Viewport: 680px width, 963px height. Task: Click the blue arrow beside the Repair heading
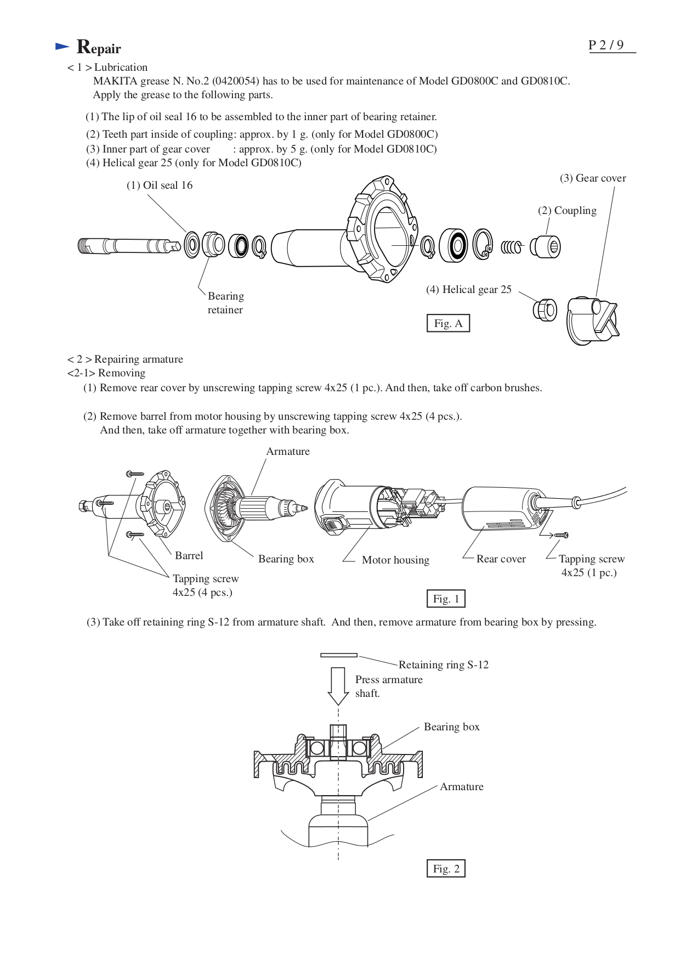point(62,47)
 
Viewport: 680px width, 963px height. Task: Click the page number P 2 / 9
point(606,45)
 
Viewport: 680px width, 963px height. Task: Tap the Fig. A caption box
point(448,323)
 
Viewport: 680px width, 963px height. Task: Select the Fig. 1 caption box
point(446,599)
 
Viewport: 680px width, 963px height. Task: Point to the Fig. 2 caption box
point(446,869)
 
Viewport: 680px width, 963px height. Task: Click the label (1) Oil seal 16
point(160,185)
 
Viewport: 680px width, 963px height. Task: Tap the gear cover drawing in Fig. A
point(590,321)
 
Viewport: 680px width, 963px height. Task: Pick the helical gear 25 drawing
point(545,310)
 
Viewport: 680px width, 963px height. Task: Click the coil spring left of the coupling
point(512,247)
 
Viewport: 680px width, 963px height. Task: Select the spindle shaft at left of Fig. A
point(129,245)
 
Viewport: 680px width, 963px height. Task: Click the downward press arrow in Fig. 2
point(338,686)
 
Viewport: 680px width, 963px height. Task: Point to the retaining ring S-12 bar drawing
point(339,655)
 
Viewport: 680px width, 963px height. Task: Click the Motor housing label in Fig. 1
point(395,560)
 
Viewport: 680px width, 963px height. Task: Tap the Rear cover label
point(501,559)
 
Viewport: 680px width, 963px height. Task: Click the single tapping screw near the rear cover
point(561,534)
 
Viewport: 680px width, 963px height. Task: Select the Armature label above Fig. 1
point(288,452)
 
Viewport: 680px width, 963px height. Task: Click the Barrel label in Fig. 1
point(189,556)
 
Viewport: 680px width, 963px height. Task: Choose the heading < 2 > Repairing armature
point(125,359)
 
